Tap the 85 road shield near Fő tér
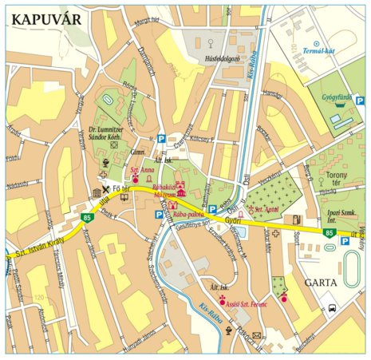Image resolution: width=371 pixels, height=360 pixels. [85, 217]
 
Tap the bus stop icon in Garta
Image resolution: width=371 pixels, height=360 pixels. [333, 307]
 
